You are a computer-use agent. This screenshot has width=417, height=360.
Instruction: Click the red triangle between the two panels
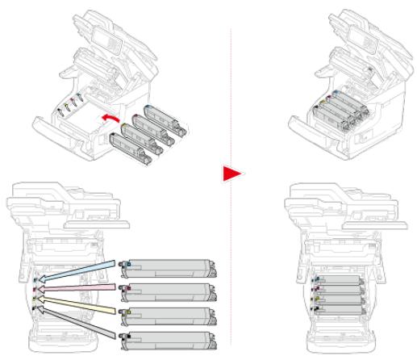click(x=231, y=173)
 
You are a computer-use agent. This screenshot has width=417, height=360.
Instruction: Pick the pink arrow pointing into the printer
click(x=76, y=287)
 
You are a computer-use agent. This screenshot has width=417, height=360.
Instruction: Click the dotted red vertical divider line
click(x=231, y=81)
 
